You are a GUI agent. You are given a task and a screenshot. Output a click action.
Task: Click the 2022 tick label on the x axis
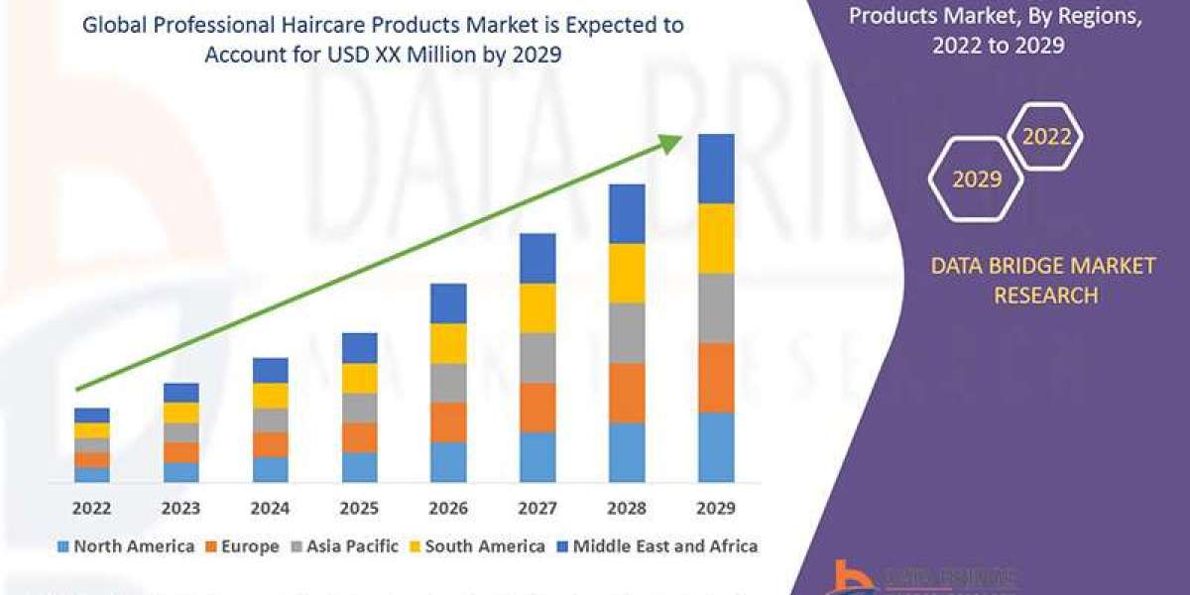click(91, 508)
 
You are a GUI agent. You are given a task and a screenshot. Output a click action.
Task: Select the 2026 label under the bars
click(448, 508)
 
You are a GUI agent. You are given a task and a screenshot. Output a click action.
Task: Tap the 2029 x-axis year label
click(716, 508)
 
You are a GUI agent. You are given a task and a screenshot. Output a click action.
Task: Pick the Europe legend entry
click(243, 546)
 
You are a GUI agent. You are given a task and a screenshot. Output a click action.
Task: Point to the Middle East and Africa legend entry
click(657, 546)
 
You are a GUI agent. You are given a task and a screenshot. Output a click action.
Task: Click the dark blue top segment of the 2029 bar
click(716, 169)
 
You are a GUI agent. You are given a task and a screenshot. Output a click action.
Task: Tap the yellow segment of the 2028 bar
click(627, 273)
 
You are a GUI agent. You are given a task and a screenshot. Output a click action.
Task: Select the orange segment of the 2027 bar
click(537, 408)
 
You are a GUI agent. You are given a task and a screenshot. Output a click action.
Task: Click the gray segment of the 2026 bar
click(448, 383)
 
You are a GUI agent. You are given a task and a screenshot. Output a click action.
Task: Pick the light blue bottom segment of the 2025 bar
click(359, 467)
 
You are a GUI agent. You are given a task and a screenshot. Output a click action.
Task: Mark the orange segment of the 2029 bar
click(716, 378)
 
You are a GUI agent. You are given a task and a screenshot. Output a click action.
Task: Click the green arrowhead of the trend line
click(671, 143)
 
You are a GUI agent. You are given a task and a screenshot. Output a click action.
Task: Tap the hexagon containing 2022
click(1046, 137)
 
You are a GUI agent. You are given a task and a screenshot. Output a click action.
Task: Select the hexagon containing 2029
click(976, 179)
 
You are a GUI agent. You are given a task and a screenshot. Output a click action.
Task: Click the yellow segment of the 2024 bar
click(270, 396)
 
